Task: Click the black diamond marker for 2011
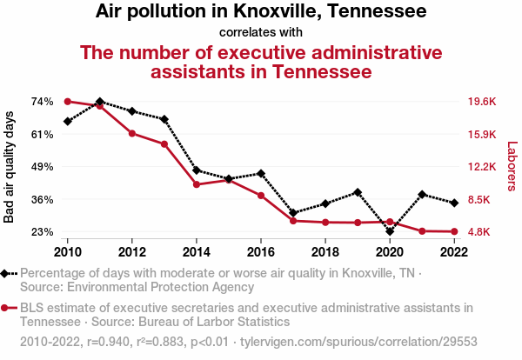click(x=100, y=102)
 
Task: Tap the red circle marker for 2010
click(x=68, y=102)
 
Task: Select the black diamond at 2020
click(x=390, y=231)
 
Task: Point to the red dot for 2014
click(x=197, y=184)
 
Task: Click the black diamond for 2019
click(x=358, y=192)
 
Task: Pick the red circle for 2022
click(x=454, y=231)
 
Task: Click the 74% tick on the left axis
click(x=41, y=102)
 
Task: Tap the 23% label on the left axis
click(x=41, y=232)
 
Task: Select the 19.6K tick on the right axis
click(x=481, y=102)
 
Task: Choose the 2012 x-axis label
click(x=132, y=252)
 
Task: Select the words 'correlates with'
click(x=261, y=33)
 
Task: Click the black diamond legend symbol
click(x=8, y=273)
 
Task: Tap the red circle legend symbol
click(x=8, y=308)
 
